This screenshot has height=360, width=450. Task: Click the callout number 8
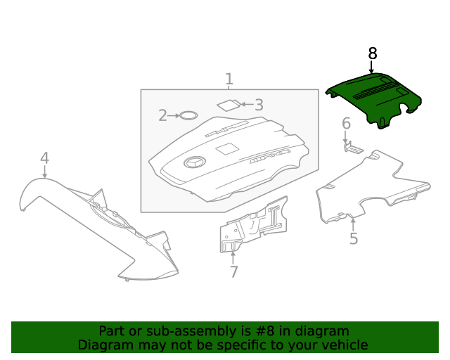(372, 53)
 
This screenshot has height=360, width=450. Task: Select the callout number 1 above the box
(229, 79)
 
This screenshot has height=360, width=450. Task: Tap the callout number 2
(162, 115)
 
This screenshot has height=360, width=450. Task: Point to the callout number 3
(259, 105)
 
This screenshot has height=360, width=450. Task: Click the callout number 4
(44, 157)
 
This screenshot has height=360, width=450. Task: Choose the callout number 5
(354, 239)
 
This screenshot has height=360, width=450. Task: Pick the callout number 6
(346, 124)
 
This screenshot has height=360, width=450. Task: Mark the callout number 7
(233, 271)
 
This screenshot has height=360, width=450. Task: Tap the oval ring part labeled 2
(187, 115)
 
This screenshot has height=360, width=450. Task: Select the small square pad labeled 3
(228, 105)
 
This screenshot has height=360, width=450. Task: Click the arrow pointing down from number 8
(372, 67)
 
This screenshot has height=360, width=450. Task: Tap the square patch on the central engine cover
(226, 149)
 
